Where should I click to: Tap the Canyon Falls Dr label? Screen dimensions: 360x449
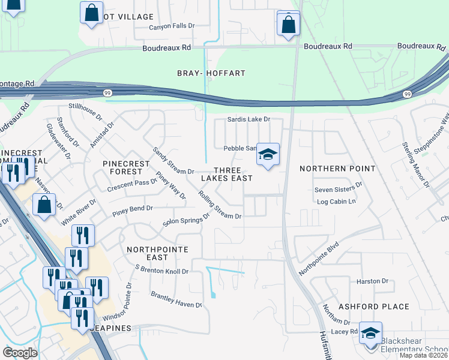point(172,26)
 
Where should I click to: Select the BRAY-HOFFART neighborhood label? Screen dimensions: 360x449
point(211,73)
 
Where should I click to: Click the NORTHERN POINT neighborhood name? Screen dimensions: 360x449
point(337,169)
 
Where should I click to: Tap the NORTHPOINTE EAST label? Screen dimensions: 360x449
point(157,253)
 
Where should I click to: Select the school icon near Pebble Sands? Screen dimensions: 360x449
point(268,155)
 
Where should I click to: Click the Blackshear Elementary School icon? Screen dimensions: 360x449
point(370,334)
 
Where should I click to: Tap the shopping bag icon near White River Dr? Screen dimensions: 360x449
point(45,205)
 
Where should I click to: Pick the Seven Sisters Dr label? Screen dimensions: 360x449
point(339,190)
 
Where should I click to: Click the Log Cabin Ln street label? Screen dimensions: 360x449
point(336,202)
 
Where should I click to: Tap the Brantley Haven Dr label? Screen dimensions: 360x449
point(176,301)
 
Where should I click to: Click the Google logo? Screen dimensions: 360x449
point(20,352)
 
